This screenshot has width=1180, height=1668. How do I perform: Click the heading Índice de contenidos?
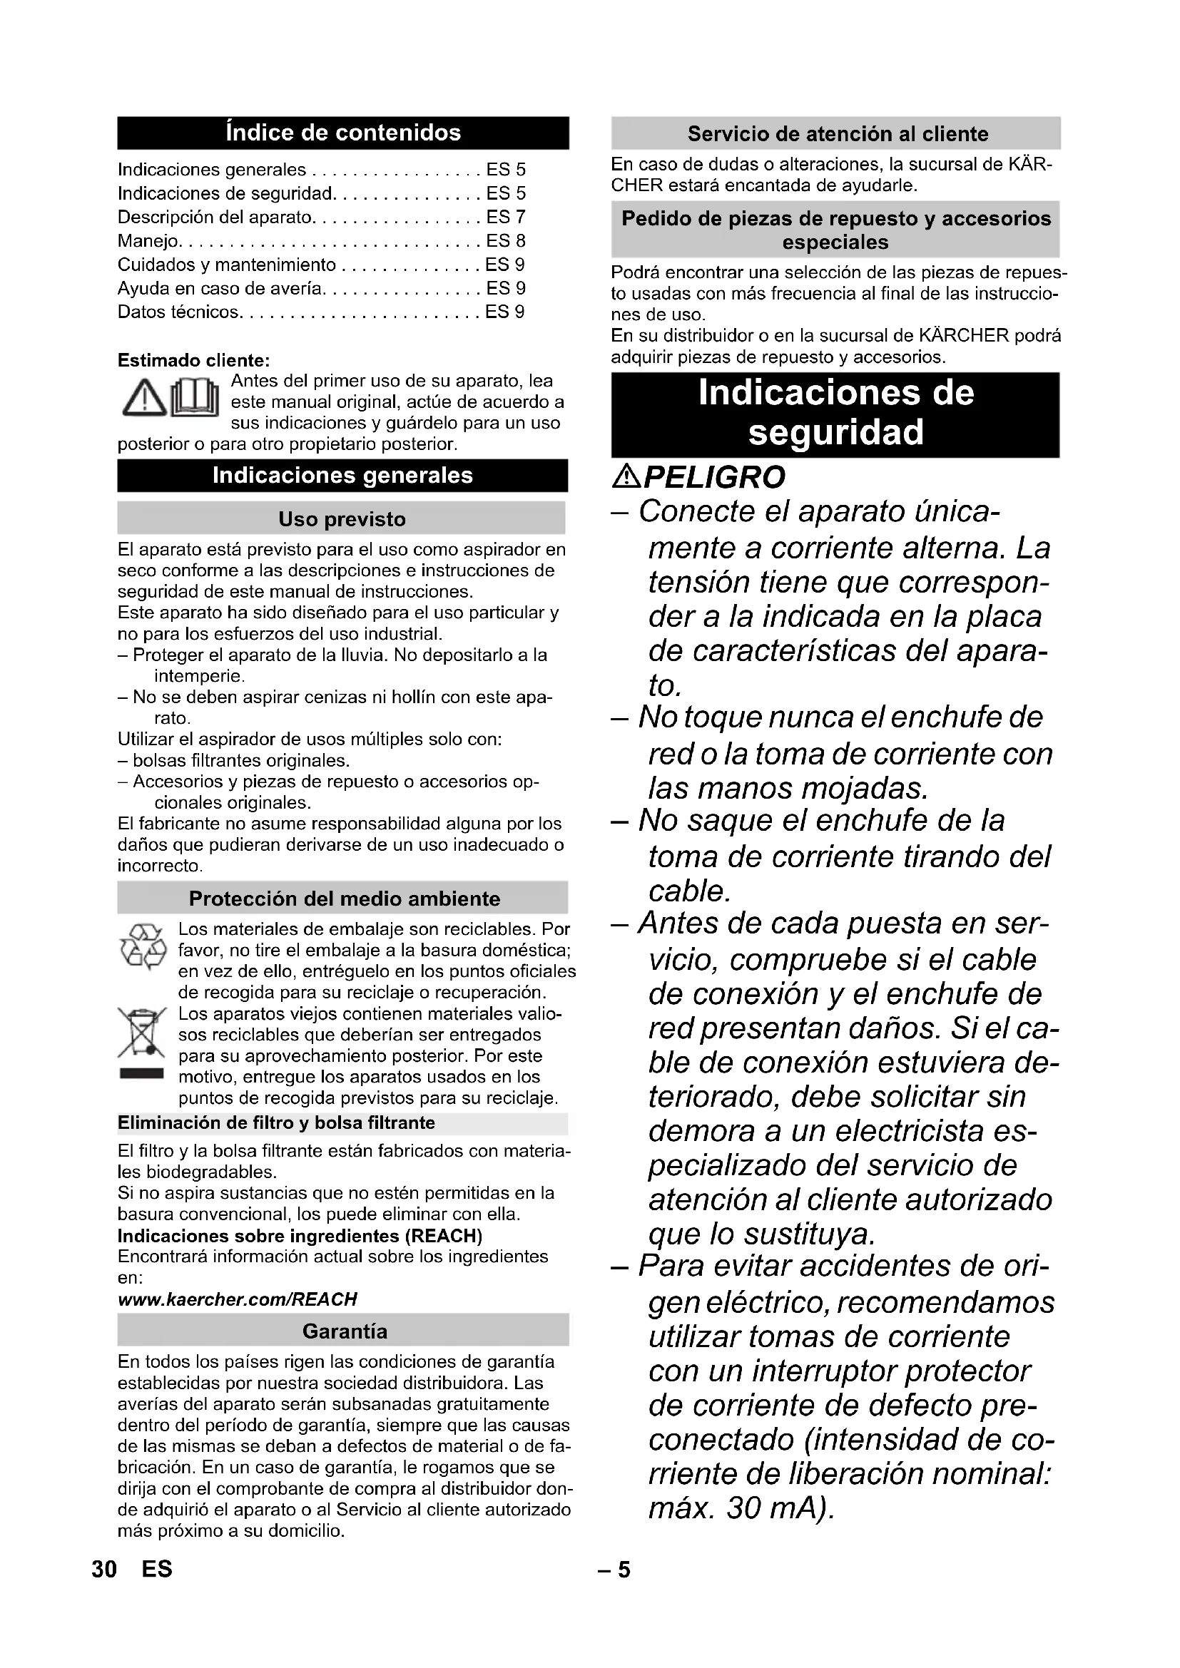pyautogui.click(x=343, y=133)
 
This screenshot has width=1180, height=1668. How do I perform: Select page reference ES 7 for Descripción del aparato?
pyautogui.click(x=505, y=218)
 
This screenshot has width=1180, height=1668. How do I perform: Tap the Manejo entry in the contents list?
pyautogui.click(x=148, y=241)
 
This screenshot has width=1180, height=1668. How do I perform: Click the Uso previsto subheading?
pyautogui.click(x=342, y=519)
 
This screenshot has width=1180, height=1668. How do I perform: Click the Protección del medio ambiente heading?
pyautogui.click(x=345, y=899)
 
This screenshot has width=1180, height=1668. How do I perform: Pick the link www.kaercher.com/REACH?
pyautogui.click(x=238, y=1299)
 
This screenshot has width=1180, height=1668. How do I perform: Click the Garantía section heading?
pyautogui.click(x=345, y=1331)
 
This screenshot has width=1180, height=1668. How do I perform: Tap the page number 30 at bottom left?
pyautogui.click(x=105, y=1569)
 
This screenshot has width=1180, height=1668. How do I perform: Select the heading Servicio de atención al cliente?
pyautogui.click(x=838, y=133)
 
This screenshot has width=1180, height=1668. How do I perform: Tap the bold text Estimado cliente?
pyautogui.click(x=194, y=361)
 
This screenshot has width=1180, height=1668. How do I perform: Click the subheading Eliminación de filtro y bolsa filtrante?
pyautogui.click(x=276, y=1123)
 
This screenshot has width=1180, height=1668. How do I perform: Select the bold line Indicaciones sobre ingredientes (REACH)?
pyautogui.click(x=300, y=1236)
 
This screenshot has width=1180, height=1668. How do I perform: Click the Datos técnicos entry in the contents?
pyautogui.click(x=179, y=312)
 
